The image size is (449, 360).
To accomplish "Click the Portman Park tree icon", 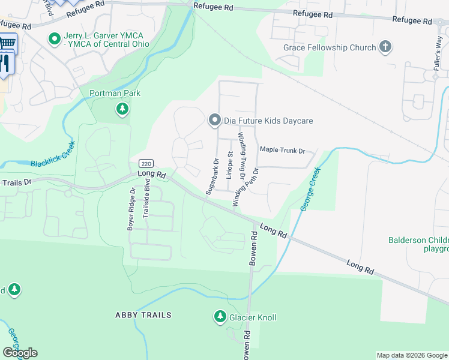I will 122,109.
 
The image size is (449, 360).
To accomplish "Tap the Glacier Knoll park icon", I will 220,317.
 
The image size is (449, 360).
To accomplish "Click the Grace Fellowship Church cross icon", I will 385,47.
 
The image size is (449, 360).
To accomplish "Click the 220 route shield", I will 146,163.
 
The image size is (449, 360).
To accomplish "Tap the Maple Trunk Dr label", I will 282,150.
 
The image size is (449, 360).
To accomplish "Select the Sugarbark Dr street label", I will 210,176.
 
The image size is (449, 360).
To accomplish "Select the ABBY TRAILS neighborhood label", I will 143,315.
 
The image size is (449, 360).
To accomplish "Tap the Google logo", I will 20,353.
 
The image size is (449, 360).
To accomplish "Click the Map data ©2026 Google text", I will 411,355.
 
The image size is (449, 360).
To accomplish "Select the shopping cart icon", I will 7,43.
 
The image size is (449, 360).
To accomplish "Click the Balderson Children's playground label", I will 418,244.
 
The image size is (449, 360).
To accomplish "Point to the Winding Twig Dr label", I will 243,156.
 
